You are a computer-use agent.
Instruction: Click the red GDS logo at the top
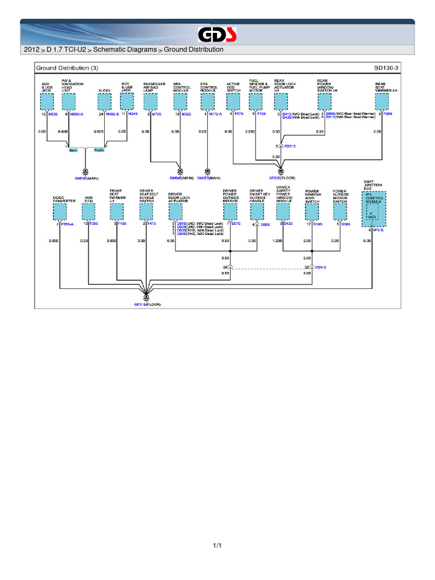tap(217, 34)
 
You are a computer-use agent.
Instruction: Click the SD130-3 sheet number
tap(386, 68)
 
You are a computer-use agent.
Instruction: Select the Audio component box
tap(105, 101)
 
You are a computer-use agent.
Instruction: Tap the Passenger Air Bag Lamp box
tap(151, 101)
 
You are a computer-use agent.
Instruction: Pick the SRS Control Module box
tap(180, 101)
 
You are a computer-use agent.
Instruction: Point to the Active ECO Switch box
tap(233, 101)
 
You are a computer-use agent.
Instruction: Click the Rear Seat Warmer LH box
tap(383, 101)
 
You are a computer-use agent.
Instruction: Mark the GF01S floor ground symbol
tap(147, 297)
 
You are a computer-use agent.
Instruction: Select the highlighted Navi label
tap(73, 150)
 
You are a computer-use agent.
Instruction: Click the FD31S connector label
tap(289, 146)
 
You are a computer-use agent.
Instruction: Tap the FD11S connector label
tap(320, 267)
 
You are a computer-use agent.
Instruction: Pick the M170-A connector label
tap(215, 114)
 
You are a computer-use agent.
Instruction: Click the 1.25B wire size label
tap(277, 240)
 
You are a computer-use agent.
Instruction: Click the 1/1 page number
tap(217, 545)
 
